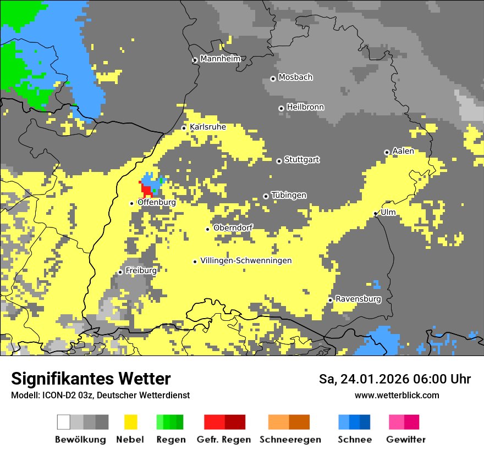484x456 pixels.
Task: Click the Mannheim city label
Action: (x=220, y=59)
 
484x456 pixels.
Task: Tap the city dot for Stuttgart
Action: (x=279, y=161)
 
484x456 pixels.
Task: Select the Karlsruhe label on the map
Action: (x=207, y=127)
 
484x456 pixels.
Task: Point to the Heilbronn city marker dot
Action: (x=281, y=108)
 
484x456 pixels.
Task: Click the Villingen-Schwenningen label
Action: (x=246, y=260)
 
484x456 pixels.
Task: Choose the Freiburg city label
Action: (x=141, y=270)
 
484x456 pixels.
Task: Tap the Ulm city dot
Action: (x=375, y=214)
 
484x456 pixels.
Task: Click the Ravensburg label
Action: (x=358, y=299)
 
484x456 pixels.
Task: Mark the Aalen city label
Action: (x=403, y=151)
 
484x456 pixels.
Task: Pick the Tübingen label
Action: (x=289, y=195)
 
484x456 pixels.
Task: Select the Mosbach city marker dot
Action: (x=273, y=79)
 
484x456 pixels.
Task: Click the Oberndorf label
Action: (x=233, y=227)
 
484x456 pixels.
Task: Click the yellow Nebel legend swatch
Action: (x=131, y=422)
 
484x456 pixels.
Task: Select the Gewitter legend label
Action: (x=405, y=440)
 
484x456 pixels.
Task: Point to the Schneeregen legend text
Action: (x=290, y=440)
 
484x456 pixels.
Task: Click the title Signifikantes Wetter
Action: (x=91, y=379)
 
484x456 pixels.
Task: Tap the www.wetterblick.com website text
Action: (x=397, y=395)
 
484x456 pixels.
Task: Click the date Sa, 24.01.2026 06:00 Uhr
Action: (x=394, y=379)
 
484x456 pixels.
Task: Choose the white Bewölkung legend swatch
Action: (x=64, y=422)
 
